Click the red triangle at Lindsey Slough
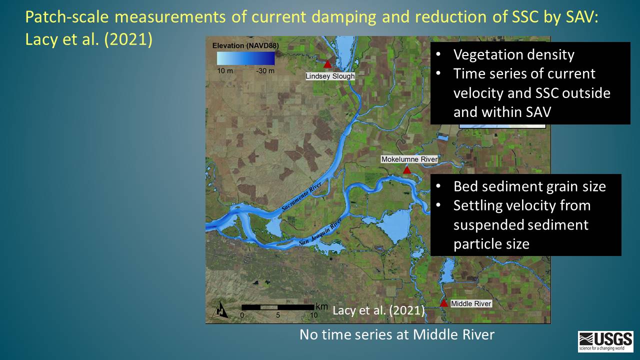(x=327, y=64)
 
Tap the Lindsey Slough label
(x=330, y=76)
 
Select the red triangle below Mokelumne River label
(x=407, y=170)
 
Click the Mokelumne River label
(x=409, y=159)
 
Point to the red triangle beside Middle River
(x=443, y=303)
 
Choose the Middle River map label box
(x=471, y=303)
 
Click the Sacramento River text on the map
(x=301, y=196)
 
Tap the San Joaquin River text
(x=320, y=231)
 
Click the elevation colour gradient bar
(x=245, y=58)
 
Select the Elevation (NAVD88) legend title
(x=245, y=45)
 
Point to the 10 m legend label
(x=225, y=70)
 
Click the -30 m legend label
(x=265, y=70)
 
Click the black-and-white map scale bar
(x=277, y=307)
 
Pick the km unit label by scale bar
(x=321, y=306)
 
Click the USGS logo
(x=605, y=341)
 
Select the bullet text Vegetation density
(x=513, y=54)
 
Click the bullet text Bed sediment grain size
(x=529, y=186)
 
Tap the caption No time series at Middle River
(x=397, y=334)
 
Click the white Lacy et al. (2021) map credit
(x=378, y=310)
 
